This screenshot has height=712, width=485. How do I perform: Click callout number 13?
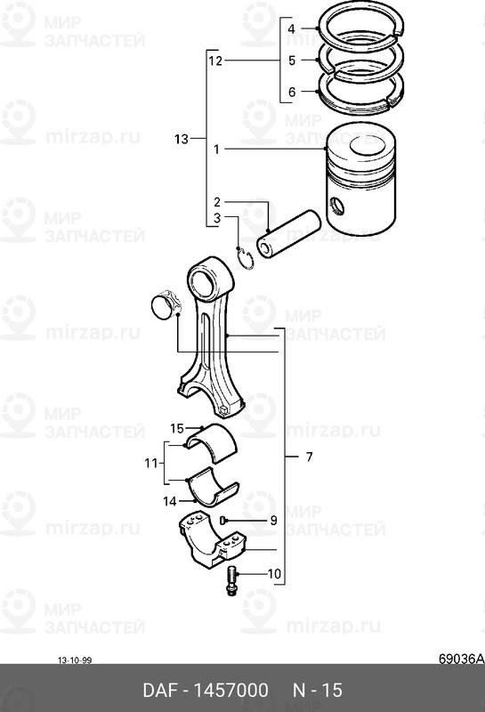click(182, 139)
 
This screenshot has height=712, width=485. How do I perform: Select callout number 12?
click(214, 61)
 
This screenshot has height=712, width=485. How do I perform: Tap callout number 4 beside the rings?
click(290, 30)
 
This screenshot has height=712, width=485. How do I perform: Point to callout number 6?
click(290, 93)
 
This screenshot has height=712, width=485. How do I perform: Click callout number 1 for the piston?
click(215, 151)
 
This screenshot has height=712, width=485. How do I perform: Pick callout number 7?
click(309, 457)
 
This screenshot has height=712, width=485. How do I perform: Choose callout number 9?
click(273, 520)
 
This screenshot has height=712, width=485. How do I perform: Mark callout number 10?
click(273, 573)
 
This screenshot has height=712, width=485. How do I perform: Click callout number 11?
click(150, 463)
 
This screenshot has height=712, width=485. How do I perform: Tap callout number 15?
click(176, 428)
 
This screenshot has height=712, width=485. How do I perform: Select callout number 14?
click(169, 501)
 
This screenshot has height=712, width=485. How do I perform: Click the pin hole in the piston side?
click(336, 207)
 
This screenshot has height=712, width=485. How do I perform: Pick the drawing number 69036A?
click(460, 659)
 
